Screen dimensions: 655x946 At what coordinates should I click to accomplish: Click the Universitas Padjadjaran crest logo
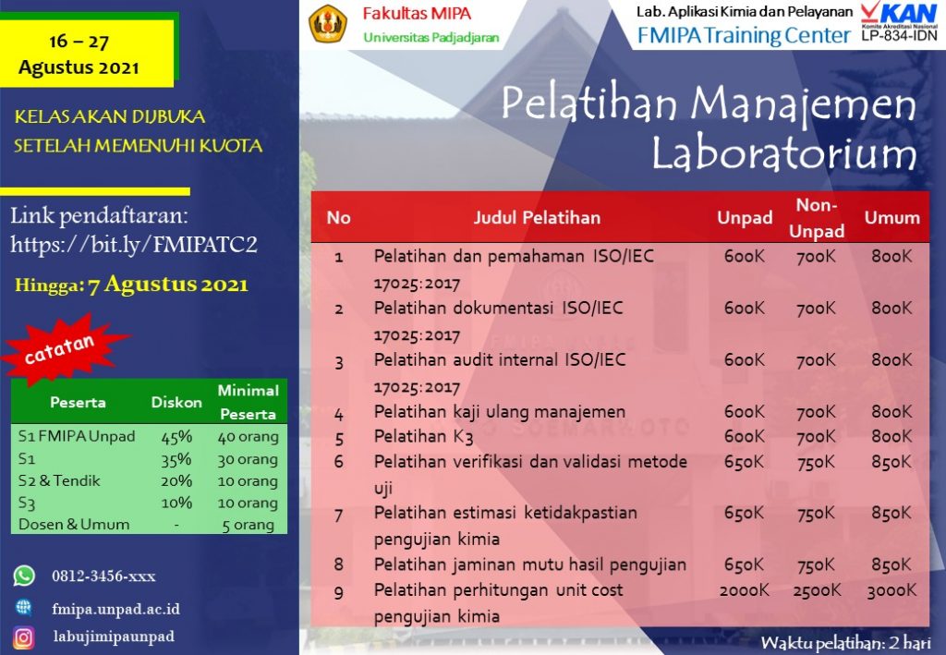(327, 25)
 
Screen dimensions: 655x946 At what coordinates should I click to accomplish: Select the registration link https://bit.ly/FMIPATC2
(133, 245)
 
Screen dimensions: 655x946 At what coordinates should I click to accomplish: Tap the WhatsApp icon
(24, 576)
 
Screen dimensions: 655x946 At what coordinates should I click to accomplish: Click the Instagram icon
(24, 637)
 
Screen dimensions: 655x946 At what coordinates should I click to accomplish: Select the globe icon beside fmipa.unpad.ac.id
(24, 607)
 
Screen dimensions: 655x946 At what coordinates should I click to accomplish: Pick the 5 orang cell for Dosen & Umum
(248, 525)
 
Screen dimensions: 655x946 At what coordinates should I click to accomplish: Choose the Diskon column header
(176, 402)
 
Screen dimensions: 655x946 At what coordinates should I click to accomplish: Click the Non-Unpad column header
(817, 218)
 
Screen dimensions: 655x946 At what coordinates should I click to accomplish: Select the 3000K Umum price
(891, 590)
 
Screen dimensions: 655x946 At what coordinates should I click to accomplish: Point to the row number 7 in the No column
(338, 514)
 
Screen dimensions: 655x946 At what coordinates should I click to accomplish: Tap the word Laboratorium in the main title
(783, 152)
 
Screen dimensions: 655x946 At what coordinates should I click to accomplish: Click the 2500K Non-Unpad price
(817, 590)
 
